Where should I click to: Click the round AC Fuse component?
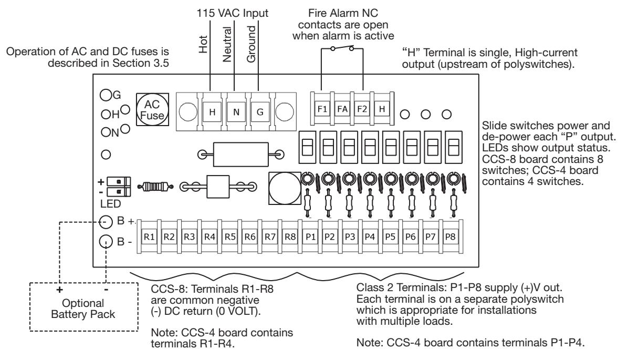(x=152, y=110)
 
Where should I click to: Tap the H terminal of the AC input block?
(x=212, y=112)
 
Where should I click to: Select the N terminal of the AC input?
(x=236, y=112)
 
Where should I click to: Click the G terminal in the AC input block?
(x=260, y=112)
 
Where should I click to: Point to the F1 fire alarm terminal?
(x=322, y=109)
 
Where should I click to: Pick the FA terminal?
(x=342, y=109)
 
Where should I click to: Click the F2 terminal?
(x=362, y=109)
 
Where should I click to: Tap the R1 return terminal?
(x=149, y=237)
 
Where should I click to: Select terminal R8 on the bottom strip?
(x=290, y=237)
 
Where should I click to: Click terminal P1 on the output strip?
(x=310, y=237)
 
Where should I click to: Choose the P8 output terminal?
(x=450, y=237)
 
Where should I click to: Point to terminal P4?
(x=370, y=237)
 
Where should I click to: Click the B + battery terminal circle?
(x=106, y=222)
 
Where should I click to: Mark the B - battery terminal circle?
(x=106, y=241)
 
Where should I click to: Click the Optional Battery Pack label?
(x=83, y=308)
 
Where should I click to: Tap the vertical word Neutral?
(x=227, y=45)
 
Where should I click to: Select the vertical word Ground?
(x=251, y=44)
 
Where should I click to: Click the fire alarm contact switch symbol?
(x=342, y=49)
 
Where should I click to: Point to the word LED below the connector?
(x=111, y=204)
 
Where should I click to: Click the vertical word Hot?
(x=203, y=45)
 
